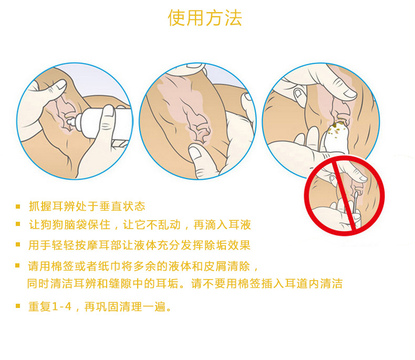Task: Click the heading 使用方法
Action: click(x=205, y=18)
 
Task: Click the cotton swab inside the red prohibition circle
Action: click(x=355, y=202)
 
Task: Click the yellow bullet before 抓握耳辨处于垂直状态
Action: click(x=18, y=207)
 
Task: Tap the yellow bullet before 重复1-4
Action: click(x=18, y=306)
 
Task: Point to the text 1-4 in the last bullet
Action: click(x=62, y=306)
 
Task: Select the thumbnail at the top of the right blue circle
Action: click(x=350, y=92)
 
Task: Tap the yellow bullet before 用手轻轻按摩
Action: click(x=18, y=244)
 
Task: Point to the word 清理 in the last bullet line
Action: click(x=131, y=306)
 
